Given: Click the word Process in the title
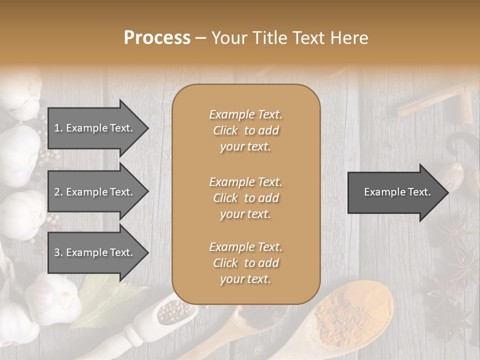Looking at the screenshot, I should coord(157,38).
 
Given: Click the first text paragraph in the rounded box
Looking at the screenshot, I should coord(245,130).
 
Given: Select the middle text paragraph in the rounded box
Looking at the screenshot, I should coord(245,198).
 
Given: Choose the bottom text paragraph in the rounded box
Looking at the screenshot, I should coord(245,263).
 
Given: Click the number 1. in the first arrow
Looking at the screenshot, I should coord(58,128).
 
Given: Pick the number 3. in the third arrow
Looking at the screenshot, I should coord(58,252).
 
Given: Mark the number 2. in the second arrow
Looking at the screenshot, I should coord(58,192).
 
